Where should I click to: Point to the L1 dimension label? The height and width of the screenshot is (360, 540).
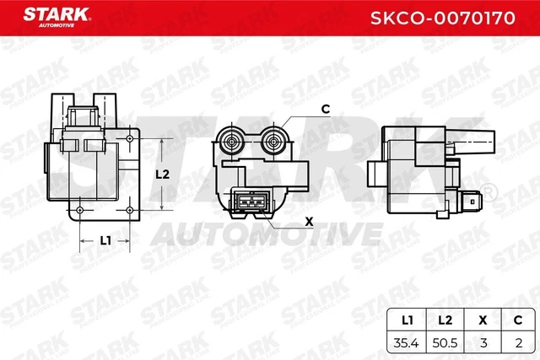coord(105,240)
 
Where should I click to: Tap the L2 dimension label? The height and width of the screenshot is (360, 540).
coord(164,175)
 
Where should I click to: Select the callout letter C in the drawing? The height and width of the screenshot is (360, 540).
coord(325,109)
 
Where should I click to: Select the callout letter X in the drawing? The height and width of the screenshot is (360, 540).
coord(308,223)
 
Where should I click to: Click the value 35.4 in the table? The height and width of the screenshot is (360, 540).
coord(405,343)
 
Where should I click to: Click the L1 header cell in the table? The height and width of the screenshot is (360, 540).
coord(405,321)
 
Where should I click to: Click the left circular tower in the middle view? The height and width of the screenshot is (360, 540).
coord(232,141)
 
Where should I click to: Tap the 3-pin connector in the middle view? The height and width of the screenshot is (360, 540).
coord(251,203)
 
